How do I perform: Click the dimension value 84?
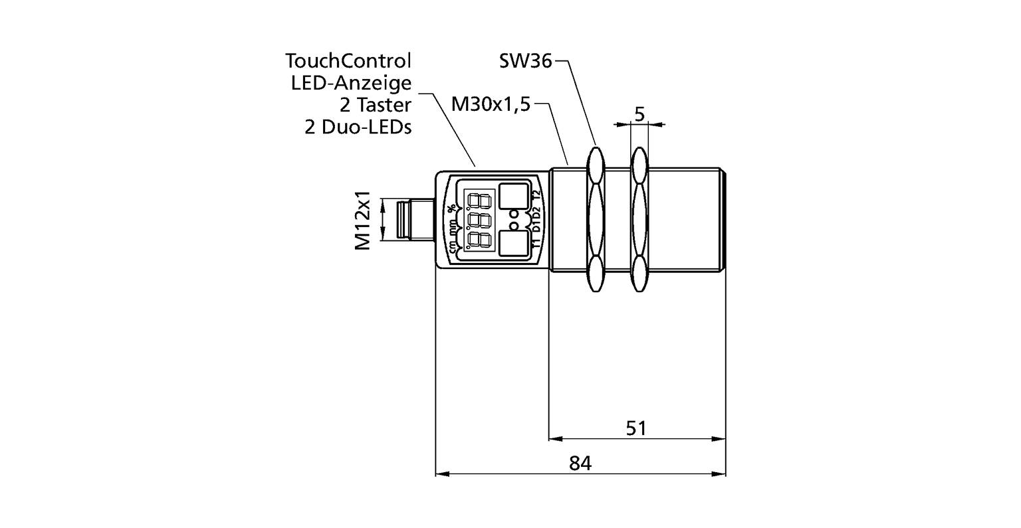pos(580,464)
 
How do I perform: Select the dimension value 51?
pos(636,428)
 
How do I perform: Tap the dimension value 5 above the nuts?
pos(639,114)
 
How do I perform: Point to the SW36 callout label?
pos(525,61)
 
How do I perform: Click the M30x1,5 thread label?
pos(491,104)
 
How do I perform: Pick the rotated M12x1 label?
pos(362,222)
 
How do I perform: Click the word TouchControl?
pos(348,61)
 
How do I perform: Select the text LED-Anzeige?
pos(352,83)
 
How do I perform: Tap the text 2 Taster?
pos(376,105)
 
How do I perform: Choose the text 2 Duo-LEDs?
pos(358,127)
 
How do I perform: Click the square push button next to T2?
pos(512,195)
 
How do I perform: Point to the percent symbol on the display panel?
pos(452,209)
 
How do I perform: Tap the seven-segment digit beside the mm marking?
pos(480,220)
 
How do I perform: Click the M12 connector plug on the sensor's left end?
pos(407,221)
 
